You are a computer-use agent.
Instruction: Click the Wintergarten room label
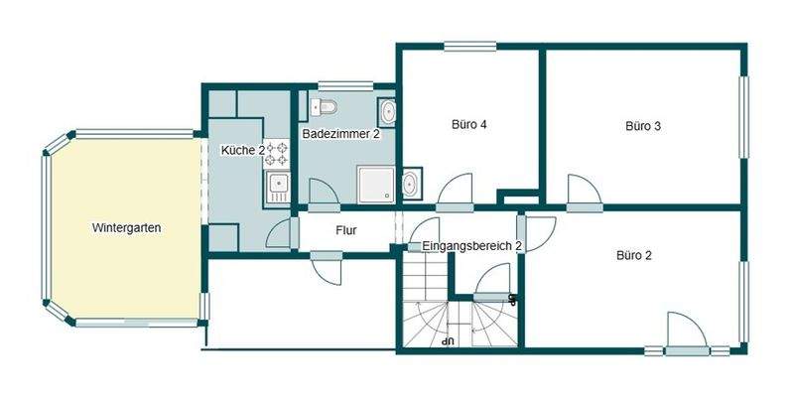coord(126,228)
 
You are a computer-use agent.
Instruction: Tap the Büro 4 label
coord(468,125)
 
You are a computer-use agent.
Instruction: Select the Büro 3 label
coord(643,126)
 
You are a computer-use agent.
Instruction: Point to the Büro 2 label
coord(634,255)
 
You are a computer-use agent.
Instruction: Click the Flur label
coord(346,231)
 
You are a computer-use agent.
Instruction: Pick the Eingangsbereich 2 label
coord(471,245)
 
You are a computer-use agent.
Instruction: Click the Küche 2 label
coord(242,150)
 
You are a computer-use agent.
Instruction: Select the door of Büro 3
coord(582,192)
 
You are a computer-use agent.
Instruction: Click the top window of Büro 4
coord(469,45)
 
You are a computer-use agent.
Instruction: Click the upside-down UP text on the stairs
coord(449,340)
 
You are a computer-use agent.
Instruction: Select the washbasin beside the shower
coord(410,183)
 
